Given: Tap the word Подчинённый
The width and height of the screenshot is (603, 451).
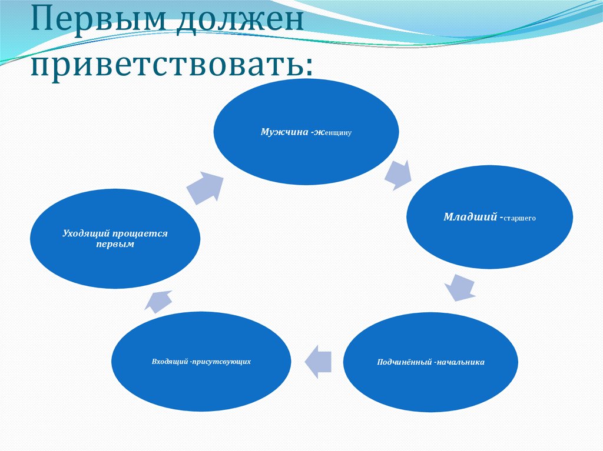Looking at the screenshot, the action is coord(403,362).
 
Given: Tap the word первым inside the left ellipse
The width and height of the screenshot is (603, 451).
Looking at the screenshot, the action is coord(115,243).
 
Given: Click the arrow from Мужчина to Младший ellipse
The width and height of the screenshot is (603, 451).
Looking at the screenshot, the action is coord(397,174).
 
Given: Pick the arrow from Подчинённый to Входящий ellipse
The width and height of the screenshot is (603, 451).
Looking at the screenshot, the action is coord(317,360).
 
